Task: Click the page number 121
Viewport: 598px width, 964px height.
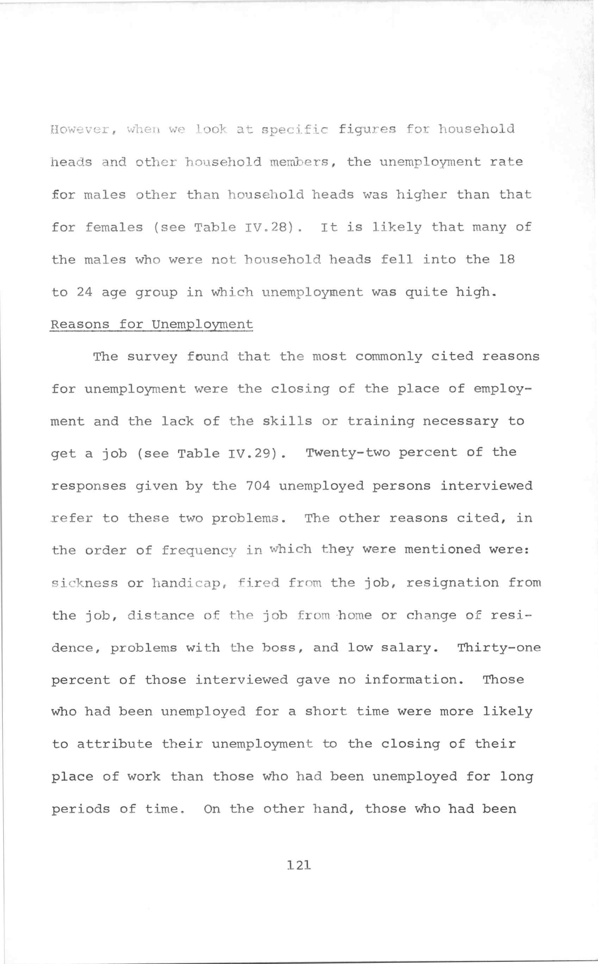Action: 299,865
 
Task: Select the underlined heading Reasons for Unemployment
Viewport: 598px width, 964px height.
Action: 151,325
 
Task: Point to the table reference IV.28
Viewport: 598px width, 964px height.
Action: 270,227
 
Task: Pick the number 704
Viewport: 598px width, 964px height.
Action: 258,485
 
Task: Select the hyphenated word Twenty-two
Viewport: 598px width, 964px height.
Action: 348,452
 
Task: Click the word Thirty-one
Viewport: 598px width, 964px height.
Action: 499,648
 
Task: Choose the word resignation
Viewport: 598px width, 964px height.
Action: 453,583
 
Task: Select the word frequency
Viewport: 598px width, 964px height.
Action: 199,551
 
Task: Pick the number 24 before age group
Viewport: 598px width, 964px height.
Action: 84,292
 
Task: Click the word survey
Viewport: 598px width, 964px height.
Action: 152,357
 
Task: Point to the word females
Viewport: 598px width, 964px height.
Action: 114,227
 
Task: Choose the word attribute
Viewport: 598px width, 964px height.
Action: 114,744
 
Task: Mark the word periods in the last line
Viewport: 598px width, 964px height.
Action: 81,809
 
